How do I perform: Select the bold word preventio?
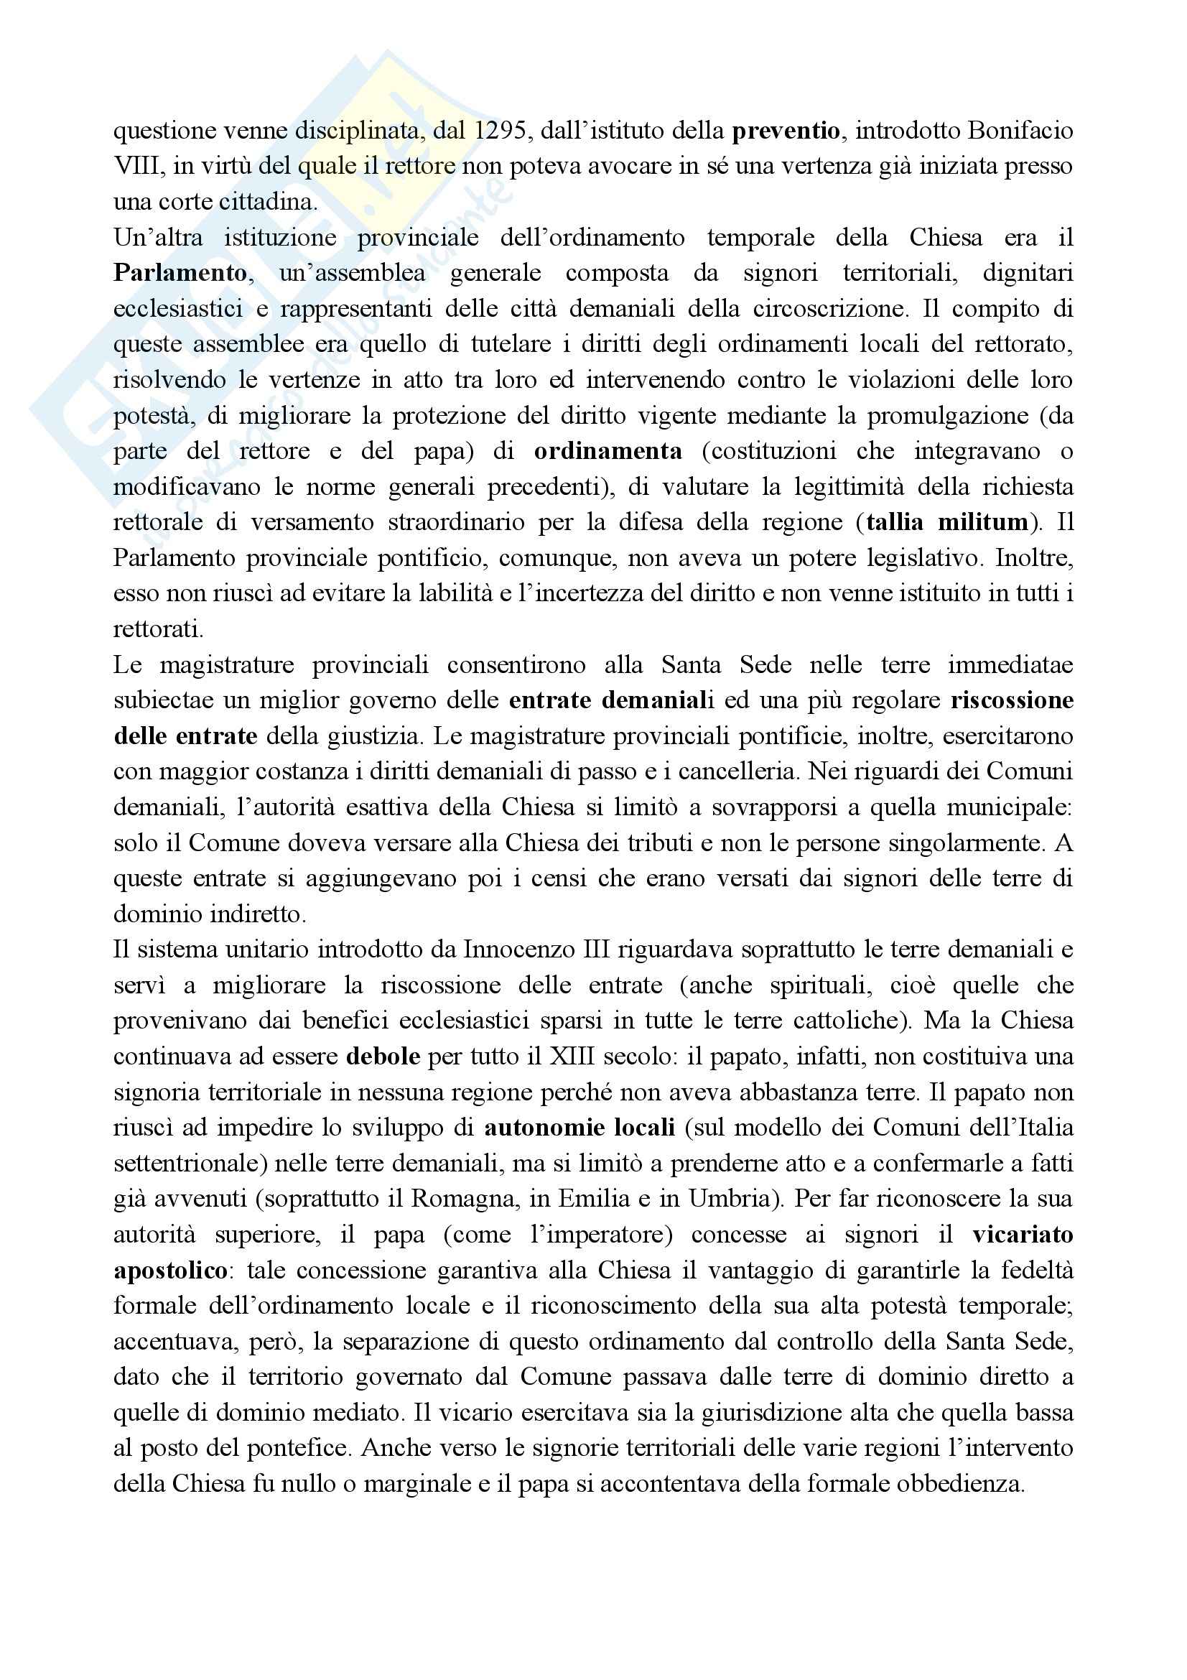[786, 131]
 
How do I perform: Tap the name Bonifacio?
[1020, 131]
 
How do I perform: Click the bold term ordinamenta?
[608, 452]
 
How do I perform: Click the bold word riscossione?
[1013, 700]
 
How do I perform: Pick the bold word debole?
[383, 1057]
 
